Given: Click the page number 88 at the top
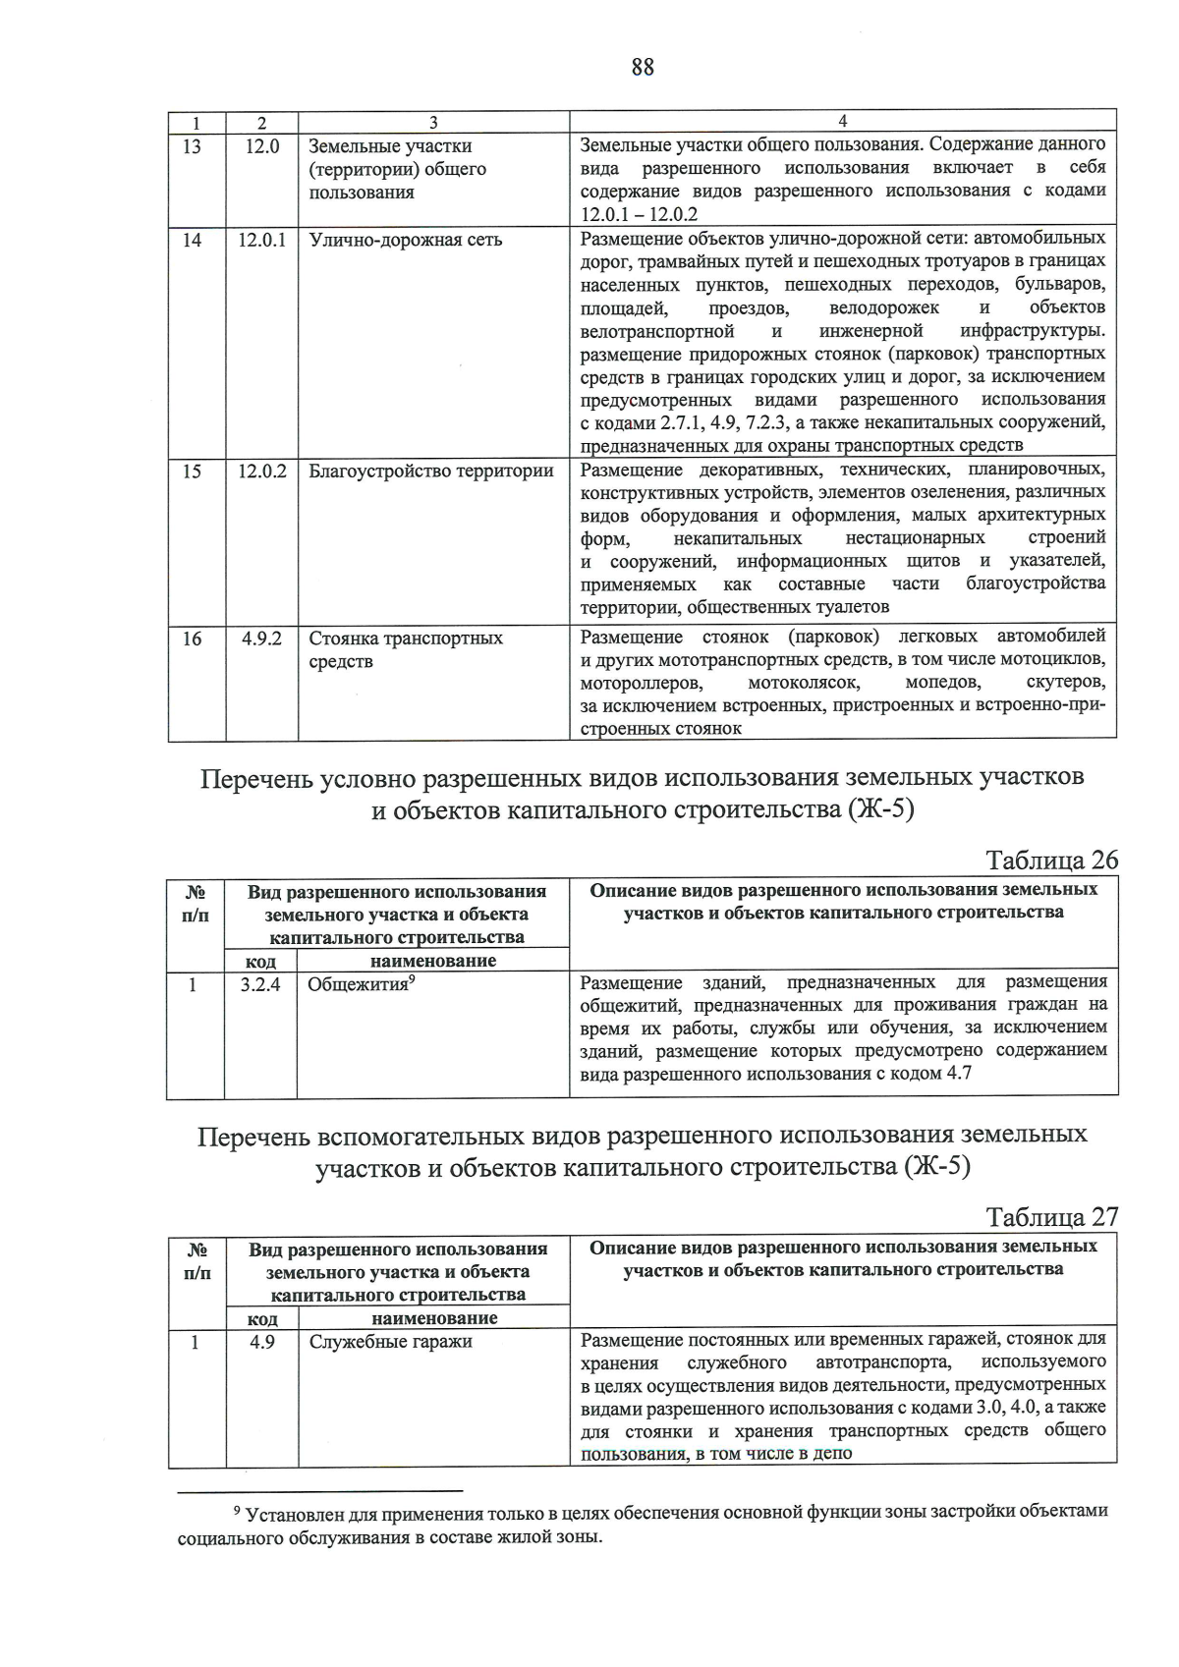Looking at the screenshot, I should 643,67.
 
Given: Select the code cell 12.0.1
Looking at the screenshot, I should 261,240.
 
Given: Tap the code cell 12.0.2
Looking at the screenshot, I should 261,472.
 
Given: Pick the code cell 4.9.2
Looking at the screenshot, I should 261,639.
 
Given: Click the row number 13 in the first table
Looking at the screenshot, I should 193,146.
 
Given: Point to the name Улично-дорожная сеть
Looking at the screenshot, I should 405,240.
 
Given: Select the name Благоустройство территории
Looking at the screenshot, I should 431,472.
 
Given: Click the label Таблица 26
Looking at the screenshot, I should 1051,860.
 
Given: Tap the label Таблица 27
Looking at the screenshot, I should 1051,1217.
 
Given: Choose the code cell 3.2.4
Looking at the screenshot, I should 260,984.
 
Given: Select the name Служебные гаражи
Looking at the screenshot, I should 390,1342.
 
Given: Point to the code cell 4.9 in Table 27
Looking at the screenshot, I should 261,1342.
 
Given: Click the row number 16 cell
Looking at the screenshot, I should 193,639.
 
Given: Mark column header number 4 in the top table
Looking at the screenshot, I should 842,122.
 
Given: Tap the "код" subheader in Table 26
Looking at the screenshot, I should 260,962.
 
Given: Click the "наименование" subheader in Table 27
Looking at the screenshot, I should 434,1318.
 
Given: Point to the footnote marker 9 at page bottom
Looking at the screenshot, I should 235,1511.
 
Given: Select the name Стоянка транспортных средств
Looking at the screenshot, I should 405,649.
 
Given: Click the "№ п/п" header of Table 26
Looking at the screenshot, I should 196,904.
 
